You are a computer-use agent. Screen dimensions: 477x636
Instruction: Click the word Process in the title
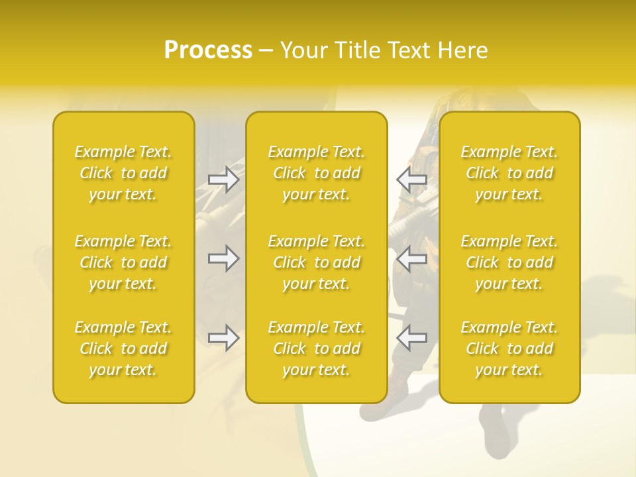[208, 50]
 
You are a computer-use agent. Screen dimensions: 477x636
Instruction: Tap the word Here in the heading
[463, 50]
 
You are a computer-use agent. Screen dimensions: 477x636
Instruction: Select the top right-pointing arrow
[223, 180]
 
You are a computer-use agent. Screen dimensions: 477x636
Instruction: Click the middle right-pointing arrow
[223, 258]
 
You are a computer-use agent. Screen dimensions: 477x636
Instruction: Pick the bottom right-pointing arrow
[223, 338]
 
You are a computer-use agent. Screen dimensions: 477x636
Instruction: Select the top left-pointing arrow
[411, 180]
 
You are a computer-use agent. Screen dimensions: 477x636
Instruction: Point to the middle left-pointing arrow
[411, 258]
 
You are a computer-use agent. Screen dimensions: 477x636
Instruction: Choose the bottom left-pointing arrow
[411, 338]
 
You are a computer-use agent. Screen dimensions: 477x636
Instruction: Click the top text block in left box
[123, 173]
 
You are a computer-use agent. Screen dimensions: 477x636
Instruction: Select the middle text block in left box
[123, 262]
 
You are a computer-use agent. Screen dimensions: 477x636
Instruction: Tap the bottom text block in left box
[123, 348]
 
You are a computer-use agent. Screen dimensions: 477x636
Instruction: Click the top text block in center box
[317, 173]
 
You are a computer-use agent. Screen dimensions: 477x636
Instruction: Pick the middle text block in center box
[317, 262]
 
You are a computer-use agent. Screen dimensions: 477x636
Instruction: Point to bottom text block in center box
[317, 348]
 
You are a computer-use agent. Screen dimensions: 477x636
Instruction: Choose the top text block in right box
[509, 173]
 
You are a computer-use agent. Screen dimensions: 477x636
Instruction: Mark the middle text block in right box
[509, 262]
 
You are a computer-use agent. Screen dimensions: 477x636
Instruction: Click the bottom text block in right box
[509, 348]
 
